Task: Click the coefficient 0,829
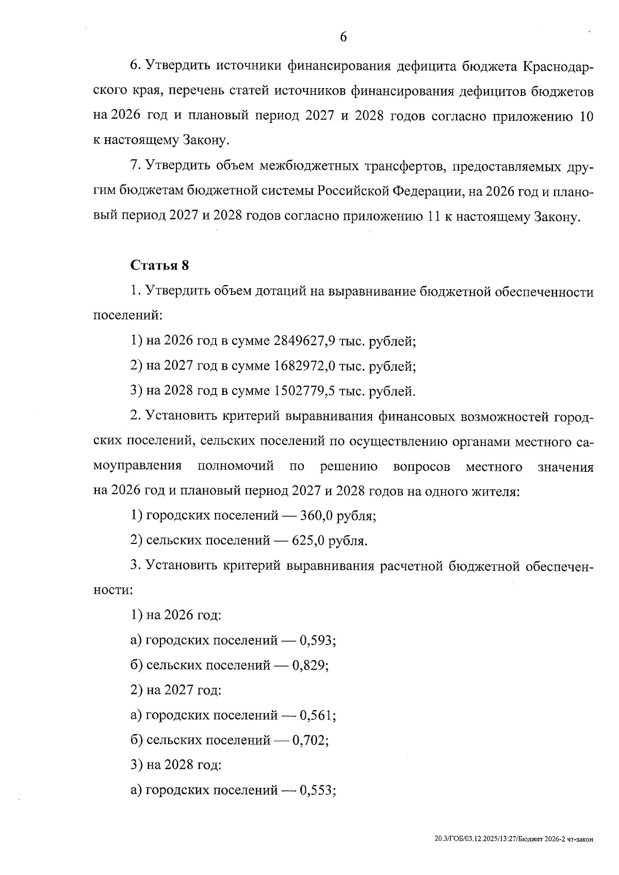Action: coord(309,666)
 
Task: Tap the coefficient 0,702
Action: coord(309,740)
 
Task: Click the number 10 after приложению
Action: coord(585,117)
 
